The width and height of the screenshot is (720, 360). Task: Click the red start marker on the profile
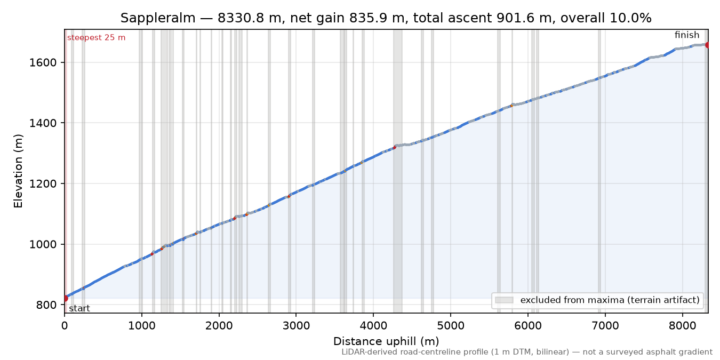65,298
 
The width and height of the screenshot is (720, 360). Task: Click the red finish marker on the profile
708,45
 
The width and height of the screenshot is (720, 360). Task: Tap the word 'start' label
79,309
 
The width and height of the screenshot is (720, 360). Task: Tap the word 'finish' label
686,35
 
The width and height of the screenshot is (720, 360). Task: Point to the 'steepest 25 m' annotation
96,38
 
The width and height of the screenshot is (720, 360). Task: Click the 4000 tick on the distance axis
373,326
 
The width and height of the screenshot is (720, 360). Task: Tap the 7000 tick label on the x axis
605,326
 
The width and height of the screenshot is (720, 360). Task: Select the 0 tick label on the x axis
65,326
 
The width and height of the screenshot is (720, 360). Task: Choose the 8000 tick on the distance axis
682,326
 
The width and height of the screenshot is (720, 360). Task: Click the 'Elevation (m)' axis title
18,171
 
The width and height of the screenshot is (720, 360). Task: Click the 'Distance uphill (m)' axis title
386,341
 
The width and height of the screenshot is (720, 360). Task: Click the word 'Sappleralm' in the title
158,18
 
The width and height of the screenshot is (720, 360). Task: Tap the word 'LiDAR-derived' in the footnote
364,353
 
